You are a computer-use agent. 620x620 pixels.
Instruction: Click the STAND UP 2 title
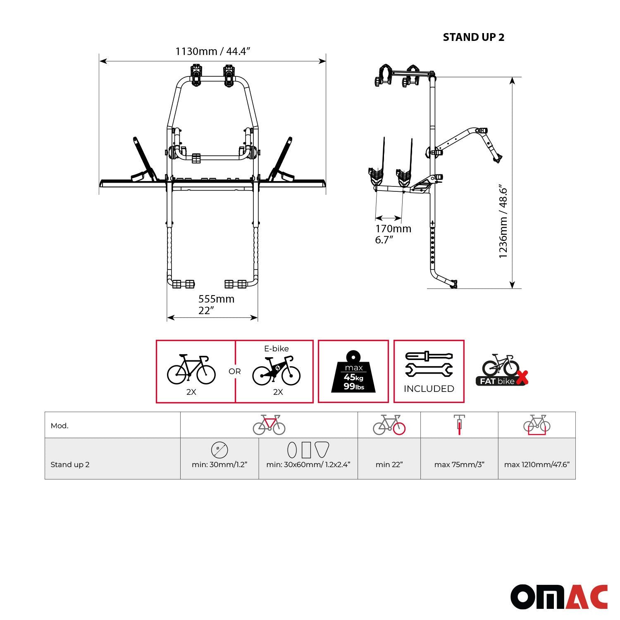point(473,37)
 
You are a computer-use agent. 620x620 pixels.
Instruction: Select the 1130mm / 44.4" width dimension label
point(213,51)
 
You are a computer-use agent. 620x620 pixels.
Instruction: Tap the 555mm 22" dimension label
point(216,304)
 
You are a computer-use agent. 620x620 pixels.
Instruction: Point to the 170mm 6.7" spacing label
point(393,234)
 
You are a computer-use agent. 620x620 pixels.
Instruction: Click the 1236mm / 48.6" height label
point(503,222)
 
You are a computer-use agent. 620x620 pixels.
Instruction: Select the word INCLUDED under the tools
point(429,389)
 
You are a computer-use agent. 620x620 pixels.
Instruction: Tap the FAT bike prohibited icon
point(502,371)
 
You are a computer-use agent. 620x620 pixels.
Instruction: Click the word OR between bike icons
point(234,371)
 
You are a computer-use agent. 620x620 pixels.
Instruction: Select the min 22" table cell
point(389,464)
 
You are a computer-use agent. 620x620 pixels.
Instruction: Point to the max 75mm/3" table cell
point(459,464)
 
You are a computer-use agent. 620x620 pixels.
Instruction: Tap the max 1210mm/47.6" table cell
point(537,464)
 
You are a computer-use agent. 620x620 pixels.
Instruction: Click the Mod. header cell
point(60,426)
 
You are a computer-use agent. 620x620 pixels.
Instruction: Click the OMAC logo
point(559,596)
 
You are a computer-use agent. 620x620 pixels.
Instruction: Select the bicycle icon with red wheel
point(389,425)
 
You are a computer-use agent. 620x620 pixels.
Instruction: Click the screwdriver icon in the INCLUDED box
point(429,356)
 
